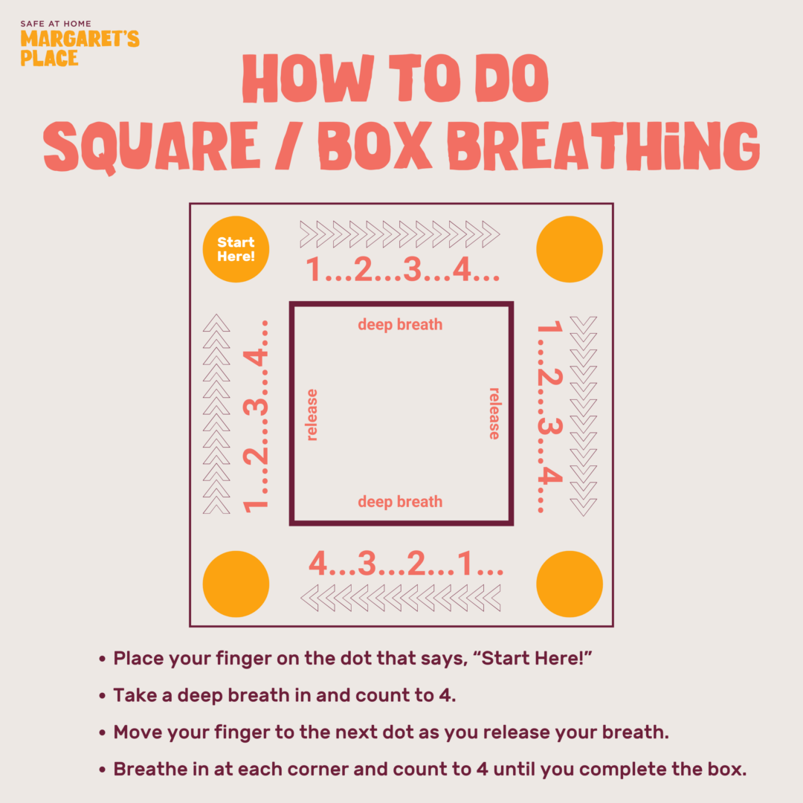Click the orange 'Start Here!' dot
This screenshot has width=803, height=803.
pyautogui.click(x=236, y=249)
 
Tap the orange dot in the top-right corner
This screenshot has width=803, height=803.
pyautogui.click(x=570, y=249)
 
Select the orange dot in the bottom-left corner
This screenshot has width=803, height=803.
pyautogui.click(x=236, y=584)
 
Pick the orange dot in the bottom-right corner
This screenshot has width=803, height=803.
pyautogui.click(x=570, y=584)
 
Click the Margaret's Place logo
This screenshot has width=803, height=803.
pyautogui.click(x=80, y=44)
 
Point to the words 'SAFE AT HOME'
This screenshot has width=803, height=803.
pyautogui.click(x=56, y=24)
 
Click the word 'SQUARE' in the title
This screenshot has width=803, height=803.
pyautogui.click(x=152, y=146)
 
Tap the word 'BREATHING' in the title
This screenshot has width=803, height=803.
pyautogui.click(x=603, y=146)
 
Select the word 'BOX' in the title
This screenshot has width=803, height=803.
pyautogui.click(x=375, y=146)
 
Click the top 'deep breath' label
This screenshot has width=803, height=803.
pyautogui.click(x=400, y=325)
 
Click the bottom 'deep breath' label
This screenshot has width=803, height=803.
pyautogui.click(x=400, y=501)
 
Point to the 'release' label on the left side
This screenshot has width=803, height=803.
pyautogui.click(x=312, y=415)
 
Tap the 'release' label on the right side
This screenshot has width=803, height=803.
pyautogui.click(x=494, y=414)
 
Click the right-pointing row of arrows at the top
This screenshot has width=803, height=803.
pyautogui.click(x=400, y=234)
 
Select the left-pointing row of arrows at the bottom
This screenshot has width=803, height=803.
pyautogui.click(x=400, y=598)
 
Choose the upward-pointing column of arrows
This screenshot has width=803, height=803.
pyautogui.click(x=216, y=414)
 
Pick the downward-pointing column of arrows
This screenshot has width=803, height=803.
pyautogui.click(x=584, y=416)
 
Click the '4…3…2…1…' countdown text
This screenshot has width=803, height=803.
pyautogui.click(x=406, y=564)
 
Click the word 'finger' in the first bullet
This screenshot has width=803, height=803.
pyautogui.click(x=243, y=659)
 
